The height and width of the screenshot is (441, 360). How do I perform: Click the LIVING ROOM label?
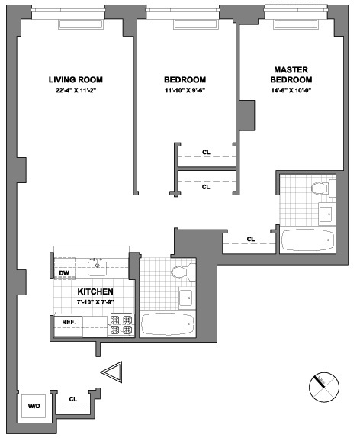click(x=76, y=79)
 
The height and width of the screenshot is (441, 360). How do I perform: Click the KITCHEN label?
click(x=95, y=292)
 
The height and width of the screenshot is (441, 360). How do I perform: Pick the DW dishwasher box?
click(x=65, y=273)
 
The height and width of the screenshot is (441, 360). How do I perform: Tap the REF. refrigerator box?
click(x=68, y=322)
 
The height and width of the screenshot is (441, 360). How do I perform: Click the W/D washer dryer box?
click(x=34, y=406)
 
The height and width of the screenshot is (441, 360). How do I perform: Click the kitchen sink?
click(x=97, y=266)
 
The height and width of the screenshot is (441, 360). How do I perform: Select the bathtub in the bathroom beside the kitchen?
click(x=168, y=324)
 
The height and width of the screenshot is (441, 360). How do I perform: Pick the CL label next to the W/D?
click(x=73, y=399)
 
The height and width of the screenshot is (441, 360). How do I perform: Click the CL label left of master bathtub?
click(x=250, y=240)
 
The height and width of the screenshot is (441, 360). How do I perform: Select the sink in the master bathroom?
click(x=323, y=214)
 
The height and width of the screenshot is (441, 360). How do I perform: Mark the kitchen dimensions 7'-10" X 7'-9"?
click(x=95, y=303)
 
